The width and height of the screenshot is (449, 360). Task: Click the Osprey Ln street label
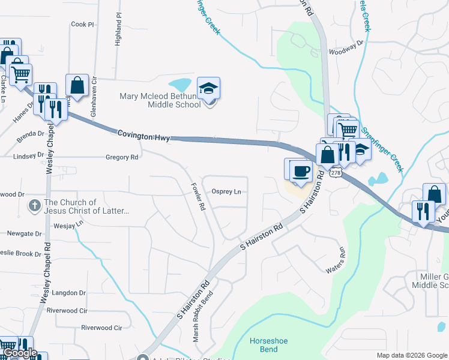(x=226, y=192)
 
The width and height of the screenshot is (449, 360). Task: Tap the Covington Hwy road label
(x=143, y=136)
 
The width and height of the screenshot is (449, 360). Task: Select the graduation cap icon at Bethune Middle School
(x=209, y=88)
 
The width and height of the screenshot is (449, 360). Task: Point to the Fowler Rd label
(x=198, y=196)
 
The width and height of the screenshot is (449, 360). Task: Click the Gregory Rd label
(x=122, y=157)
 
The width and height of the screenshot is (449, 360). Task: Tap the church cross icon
(x=35, y=206)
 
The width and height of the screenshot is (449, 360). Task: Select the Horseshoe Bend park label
(x=268, y=345)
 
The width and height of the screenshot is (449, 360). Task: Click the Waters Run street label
(x=336, y=261)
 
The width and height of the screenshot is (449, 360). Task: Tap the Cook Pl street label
(x=83, y=25)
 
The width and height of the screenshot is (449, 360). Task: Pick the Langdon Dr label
(x=70, y=293)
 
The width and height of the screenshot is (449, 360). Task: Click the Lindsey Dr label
(x=28, y=157)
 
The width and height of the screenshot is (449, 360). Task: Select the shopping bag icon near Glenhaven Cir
(x=77, y=86)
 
